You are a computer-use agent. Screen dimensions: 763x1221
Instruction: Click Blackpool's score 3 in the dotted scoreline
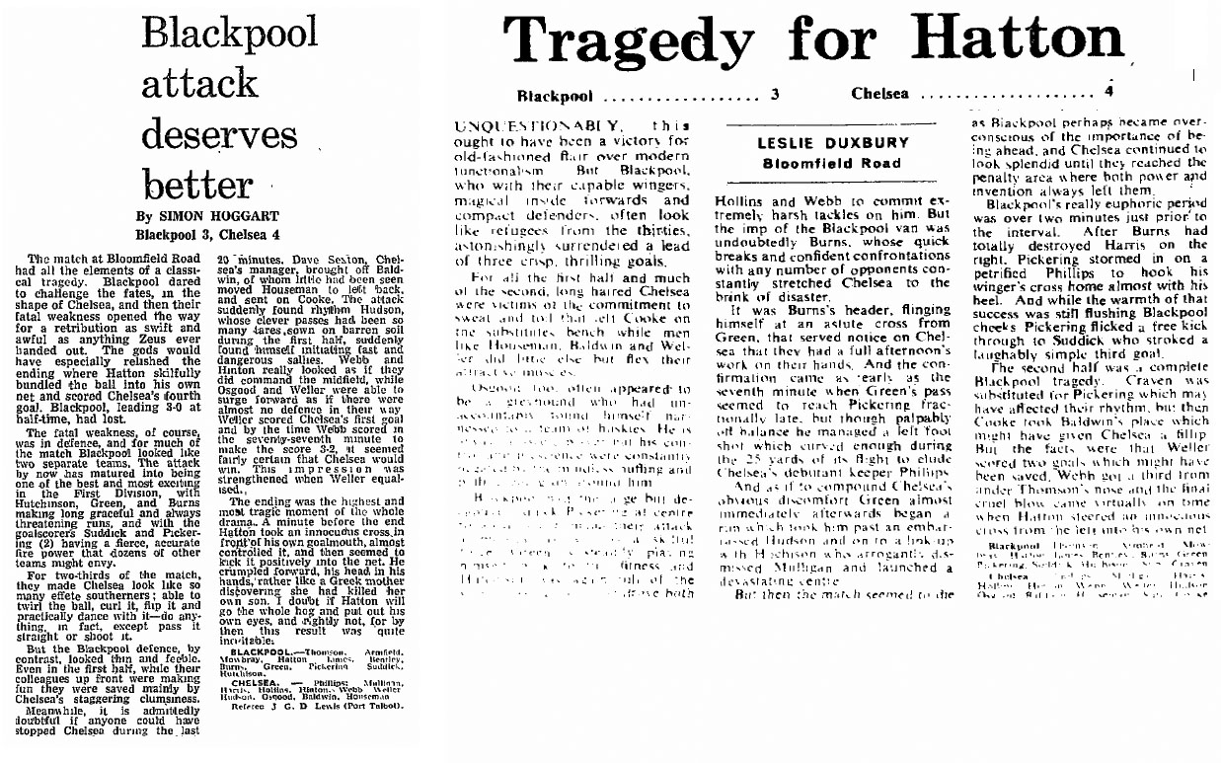775,96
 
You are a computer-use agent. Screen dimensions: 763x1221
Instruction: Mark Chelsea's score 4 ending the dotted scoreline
1109,92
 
